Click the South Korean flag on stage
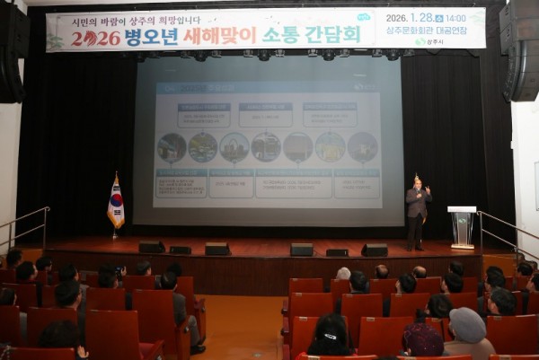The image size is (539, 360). [x=116, y=206]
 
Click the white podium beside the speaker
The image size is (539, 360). [x=462, y=226]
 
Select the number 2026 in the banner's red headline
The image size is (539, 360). [x=96, y=38]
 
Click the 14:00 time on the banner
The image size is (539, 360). [x=455, y=17]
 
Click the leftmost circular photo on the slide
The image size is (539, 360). [x=172, y=147]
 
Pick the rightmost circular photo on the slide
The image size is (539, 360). [x=362, y=147]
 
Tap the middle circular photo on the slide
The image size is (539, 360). [x=266, y=147]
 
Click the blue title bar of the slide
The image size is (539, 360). [x=267, y=88]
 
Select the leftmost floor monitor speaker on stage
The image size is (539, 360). [x=151, y=247]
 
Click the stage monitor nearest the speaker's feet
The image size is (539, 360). [x=375, y=250]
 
